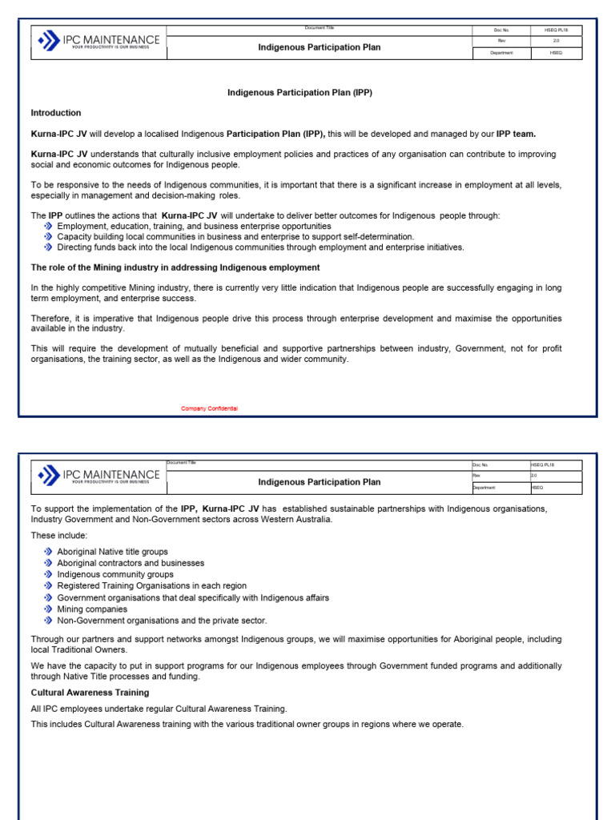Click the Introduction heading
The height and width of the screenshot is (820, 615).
(x=56, y=113)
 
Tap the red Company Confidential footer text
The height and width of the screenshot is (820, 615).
(x=209, y=409)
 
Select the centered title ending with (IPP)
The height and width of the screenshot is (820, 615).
(x=299, y=93)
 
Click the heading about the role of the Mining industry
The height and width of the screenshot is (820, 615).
(x=175, y=267)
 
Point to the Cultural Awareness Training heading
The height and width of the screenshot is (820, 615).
(x=90, y=693)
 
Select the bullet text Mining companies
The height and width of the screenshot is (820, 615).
(x=92, y=609)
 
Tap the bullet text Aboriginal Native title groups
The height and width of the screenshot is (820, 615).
(x=113, y=552)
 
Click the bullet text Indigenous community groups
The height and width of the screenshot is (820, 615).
(x=115, y=575)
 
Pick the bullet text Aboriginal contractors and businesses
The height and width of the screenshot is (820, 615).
(x=131, y=564)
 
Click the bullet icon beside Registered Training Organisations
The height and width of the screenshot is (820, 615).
(x=48, y=586)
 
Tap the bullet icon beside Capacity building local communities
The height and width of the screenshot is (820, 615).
(x=48, y=237)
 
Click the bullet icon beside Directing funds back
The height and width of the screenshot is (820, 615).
(x=48, y=247)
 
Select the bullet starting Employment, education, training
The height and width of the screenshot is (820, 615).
(x=194, y=227)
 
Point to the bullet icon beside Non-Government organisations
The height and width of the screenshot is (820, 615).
(x=48, y=621)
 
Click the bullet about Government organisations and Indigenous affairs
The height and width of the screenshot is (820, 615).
(x=193, y=598)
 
